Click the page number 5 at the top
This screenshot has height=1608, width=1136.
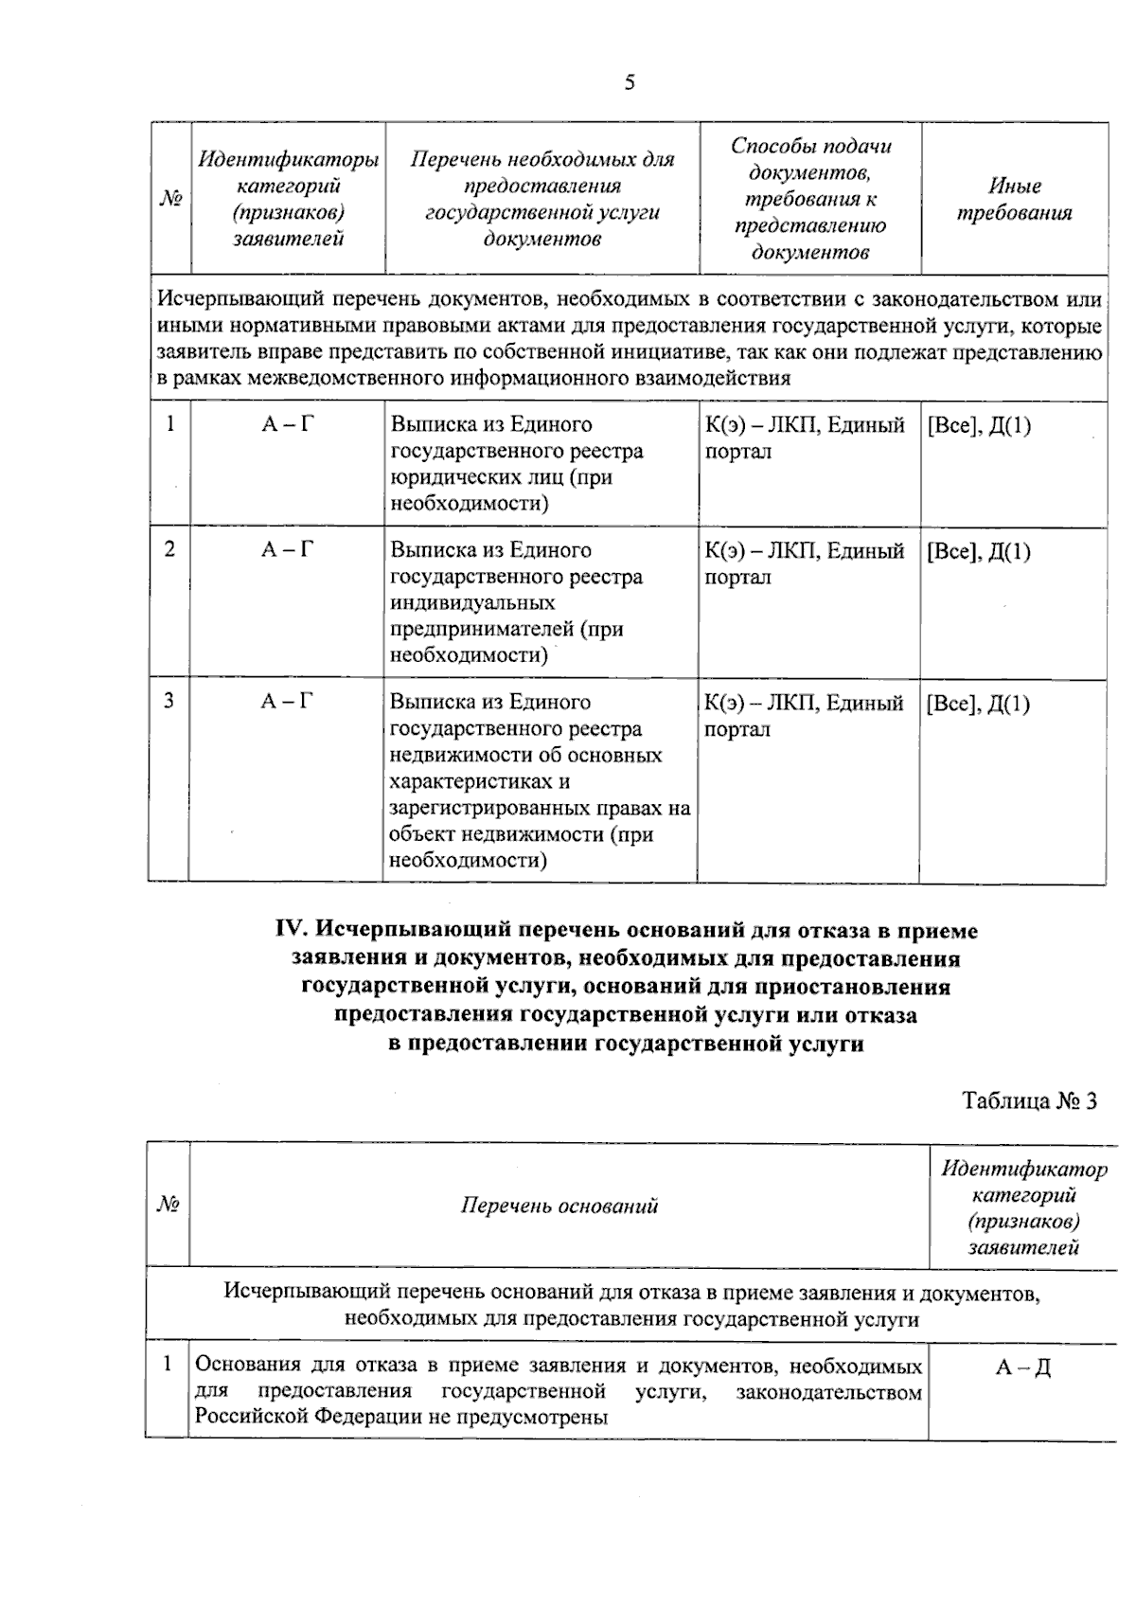pyautogui.click(x=630, y=83)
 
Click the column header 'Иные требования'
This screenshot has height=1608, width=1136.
pyautogui.click(x=1014, y=200)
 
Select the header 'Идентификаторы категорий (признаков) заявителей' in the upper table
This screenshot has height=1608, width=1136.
pyautogui.click(x=288, y=199)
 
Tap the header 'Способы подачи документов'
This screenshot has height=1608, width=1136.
pyautogui.click(x=809, y=199)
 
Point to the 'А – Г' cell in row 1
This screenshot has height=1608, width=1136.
pyautogui.click(x=287, y=424)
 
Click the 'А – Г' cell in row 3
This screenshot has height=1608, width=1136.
pyautogui.click(x=287, y=702)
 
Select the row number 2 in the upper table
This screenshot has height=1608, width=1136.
pyautogui.click(x=169, y=549)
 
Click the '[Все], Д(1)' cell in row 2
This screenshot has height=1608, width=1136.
pyautogui.click(x=979, y=551)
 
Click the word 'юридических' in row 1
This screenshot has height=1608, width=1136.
pyautogui.click(x=448, y=477)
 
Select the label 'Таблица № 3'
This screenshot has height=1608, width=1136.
pyautogui.click(x=1029, y=1101)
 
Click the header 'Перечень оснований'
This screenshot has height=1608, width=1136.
pyautogui.click(x=559, y=1206)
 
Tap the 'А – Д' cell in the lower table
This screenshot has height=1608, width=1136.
pyautogui.click(x=1022, y=1367)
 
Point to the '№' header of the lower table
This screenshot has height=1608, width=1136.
pyautogui.click(x=168, y=1206)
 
